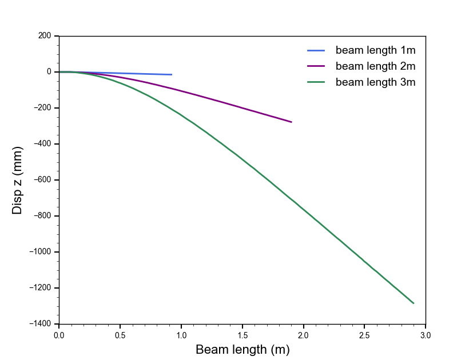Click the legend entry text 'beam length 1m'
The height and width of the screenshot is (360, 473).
pos(375,50)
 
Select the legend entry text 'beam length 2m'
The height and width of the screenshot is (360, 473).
pos(375,66)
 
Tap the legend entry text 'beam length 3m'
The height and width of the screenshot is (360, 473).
pos(375,82)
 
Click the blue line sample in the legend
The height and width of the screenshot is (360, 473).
pos(316,50)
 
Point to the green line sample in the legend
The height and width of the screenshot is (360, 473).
pos(316,82)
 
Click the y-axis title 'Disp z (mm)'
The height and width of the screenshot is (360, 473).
pos(18,180)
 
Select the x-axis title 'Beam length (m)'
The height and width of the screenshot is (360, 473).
pos(243,350)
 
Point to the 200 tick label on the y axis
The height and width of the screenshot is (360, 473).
pos(45,36)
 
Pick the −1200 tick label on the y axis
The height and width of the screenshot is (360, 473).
pos(39,288)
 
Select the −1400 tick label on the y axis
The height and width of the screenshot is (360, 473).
pos(39,324)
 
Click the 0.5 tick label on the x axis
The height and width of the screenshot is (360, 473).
pos(120,334)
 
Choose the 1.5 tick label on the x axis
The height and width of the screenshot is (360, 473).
pos(243,334)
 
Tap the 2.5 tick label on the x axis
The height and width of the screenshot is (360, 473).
pos(364,334)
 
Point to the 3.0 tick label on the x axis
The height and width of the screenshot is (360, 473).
pos(426,334)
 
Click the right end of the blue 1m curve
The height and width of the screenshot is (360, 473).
pos(172,75)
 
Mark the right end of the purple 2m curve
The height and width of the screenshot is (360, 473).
pos(291,122)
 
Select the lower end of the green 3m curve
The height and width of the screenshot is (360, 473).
pos(414,303)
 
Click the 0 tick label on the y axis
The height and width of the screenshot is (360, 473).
pos(49,72)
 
